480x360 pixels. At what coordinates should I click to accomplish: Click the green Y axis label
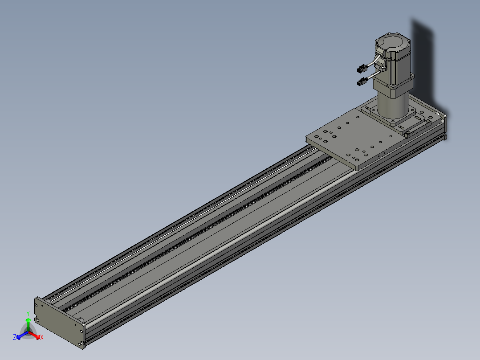click(x=28, y=313)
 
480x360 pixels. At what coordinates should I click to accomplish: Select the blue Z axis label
click(x=14, y=337)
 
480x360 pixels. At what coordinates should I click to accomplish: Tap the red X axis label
click(x=42, y=337)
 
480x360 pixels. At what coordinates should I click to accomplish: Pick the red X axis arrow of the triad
click(x=34, y=335)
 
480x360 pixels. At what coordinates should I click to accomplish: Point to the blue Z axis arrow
click(x=22, y=335)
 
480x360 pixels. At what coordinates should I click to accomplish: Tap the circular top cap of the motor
click(x=392, y=42)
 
